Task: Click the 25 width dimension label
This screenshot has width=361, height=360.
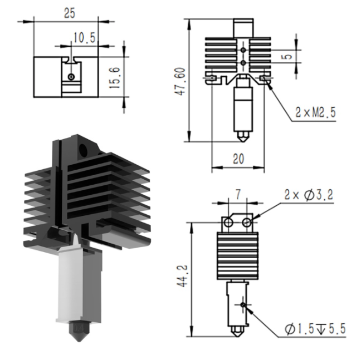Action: coord(70,13)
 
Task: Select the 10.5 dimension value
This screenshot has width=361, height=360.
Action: coord(84,37)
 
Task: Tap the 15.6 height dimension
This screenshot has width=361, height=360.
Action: coord(115,78)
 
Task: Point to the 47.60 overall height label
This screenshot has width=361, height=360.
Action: coord(180,81)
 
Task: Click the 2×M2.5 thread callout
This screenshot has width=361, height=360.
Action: coord(315,112)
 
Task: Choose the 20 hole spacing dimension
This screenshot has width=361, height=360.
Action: coord(238,159)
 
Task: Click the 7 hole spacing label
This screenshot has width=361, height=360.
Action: coord(238,195)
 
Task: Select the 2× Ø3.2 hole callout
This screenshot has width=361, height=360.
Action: coord(309,195)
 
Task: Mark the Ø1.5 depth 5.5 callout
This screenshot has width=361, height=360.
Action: coord(315,329)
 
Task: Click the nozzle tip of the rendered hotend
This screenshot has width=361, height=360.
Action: coord(79,341)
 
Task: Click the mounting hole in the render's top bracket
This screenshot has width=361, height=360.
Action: coord(84,150)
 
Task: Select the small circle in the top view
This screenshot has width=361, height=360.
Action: coord(71,77)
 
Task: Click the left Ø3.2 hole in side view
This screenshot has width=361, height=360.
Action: coord(228,223)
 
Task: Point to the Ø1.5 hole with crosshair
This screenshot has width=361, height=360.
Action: coord(243,304)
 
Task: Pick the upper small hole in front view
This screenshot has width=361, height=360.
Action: coord(243,50)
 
